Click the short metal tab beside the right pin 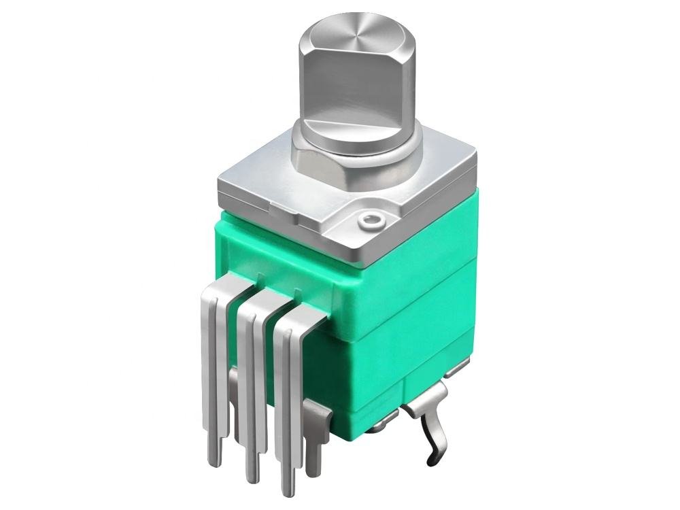click(316, 435)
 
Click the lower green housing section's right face click(435, 347)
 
